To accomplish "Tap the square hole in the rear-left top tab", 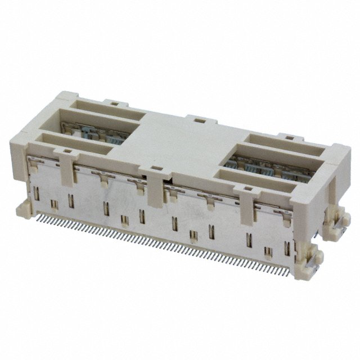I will coord(115,103).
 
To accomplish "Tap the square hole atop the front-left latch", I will coord(66,150).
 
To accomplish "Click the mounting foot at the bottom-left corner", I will coord(25,211).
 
